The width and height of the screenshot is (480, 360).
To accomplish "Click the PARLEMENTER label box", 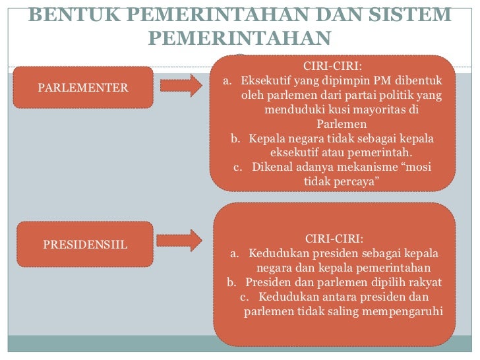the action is [x=83, y=88].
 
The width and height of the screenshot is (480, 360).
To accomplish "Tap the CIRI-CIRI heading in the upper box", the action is [x=332, y=66].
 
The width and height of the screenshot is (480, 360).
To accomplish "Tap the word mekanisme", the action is [x=369, y=166].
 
